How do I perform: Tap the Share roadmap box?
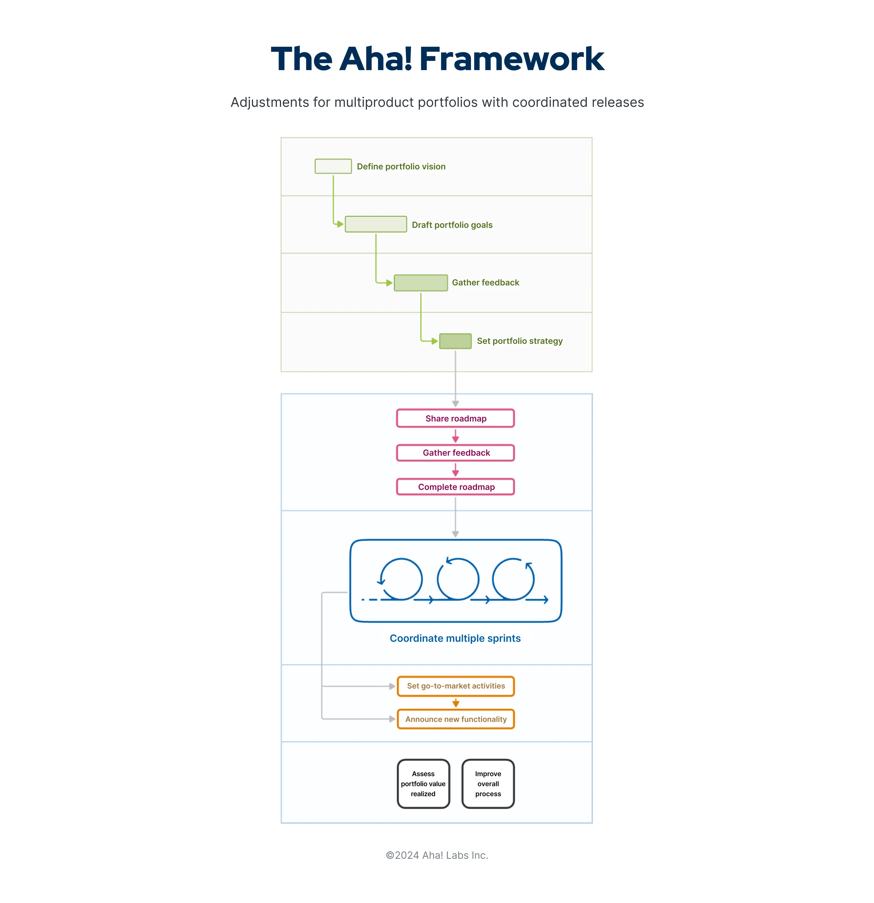tap(455, 418)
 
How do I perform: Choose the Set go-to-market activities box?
tap(455, 686)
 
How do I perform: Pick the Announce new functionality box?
tap(455, 719)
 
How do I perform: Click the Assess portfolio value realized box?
tap(423, 784)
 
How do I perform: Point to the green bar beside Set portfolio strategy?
tap(455, 341)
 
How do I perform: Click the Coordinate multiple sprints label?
tap(455, 638)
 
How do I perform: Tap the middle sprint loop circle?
tap(458, 579)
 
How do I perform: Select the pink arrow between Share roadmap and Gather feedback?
tap(455, 436)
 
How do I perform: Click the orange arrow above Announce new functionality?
tap(455, 703)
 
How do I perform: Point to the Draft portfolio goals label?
tap(452, 225)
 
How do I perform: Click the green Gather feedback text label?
tap(485, 282)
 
